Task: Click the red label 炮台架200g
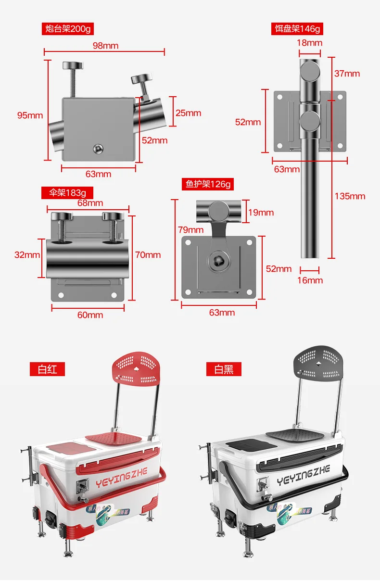tap(67, 29)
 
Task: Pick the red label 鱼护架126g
tap(208, 184)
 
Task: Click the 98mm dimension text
tap(105, 46)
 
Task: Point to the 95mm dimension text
tap(30, 115)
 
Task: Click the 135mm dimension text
tap(350, 196)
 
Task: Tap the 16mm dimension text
tap(310, 280)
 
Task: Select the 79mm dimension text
tap(191, 230)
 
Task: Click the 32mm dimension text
tap(27, 255)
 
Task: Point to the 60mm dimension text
tap(90, 315)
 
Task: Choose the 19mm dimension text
tap(261, 213)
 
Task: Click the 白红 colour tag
tap(47, 369)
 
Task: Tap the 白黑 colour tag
tap(224, 369)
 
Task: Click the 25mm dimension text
tap(188, 113)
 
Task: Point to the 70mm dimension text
tap(148, 255)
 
